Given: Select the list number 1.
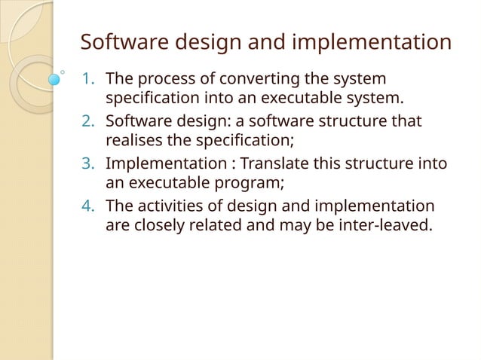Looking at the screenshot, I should [x=87, y=79].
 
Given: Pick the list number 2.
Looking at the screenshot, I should [x=87, y=121].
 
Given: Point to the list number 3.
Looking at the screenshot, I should [x=87, y=163].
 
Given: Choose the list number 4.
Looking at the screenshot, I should [x=87, y=206].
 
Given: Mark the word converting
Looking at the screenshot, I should [x=245, y=79].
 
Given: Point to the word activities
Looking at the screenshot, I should [x=167, y=206].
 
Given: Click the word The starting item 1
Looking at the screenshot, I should [x=118, y=79].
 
